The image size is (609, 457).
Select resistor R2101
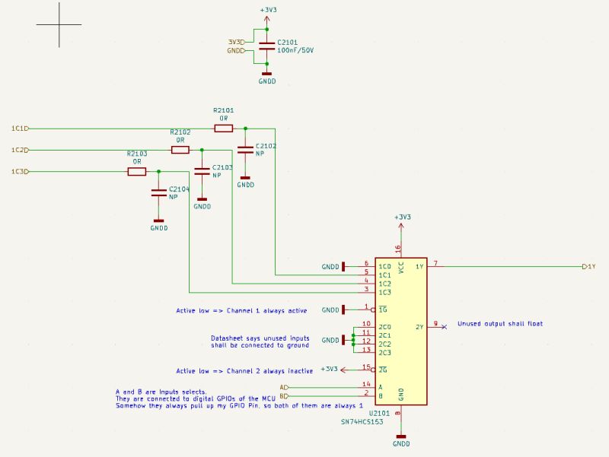[x=224, y=129]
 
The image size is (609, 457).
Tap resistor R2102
[x=180, y=150]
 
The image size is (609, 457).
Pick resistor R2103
[x=137, y=172]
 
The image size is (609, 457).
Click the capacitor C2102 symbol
[x=245, y=149]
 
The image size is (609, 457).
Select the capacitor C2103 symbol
[x=202, y=171]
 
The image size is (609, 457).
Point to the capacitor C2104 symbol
[x=158, y=192]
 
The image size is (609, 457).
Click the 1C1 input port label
[x=20, y=129]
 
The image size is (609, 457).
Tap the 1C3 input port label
[x=20, y=172]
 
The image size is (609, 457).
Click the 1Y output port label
[x=588, y=267]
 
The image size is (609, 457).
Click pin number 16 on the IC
[x=397, y=248]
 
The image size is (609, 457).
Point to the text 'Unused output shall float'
[x=500, y=324]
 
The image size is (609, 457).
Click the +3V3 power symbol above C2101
[x=267, y=12]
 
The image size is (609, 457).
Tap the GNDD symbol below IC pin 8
[x=401, y=440]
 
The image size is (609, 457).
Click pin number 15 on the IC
[x=366, y=367]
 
